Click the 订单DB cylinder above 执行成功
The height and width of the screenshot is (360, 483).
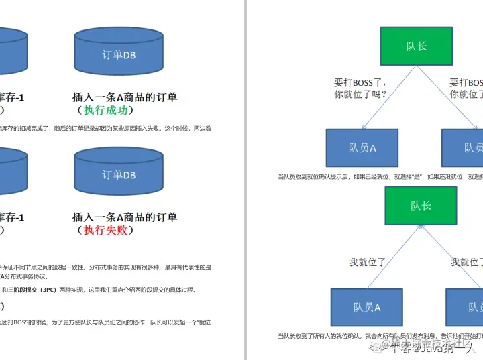(119, 54)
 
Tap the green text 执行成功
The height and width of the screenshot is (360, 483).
(106, 110)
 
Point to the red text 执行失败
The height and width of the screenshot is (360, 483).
(106, 230)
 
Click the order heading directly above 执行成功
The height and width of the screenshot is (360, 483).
(125, 97)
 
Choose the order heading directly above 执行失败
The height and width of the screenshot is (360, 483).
(125, 217)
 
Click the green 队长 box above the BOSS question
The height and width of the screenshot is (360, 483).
(417, 46)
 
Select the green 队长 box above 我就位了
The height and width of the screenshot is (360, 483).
(421, 205)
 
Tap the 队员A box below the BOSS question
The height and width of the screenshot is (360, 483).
(362, 147)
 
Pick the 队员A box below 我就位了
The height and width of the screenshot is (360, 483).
(367, 307)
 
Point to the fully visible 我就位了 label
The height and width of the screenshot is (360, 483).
(367, 262)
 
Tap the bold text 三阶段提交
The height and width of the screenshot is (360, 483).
(23, 290)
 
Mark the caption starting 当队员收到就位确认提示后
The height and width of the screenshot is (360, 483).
(379, 177)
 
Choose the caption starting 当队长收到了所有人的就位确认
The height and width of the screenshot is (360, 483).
(379, 336)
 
